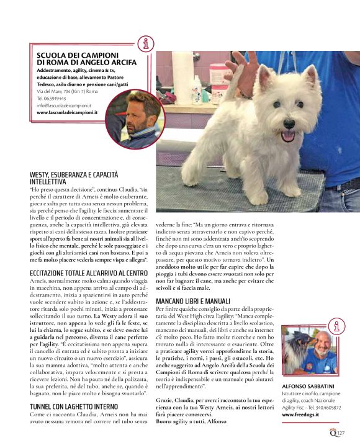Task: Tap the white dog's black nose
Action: tap(287, 122)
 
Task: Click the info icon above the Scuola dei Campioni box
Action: tap(146, 43)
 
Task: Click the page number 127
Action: tap(341, 434)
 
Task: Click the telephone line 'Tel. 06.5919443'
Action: tap(52, 98)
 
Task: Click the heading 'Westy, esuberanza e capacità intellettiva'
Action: tap(87, 179)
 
